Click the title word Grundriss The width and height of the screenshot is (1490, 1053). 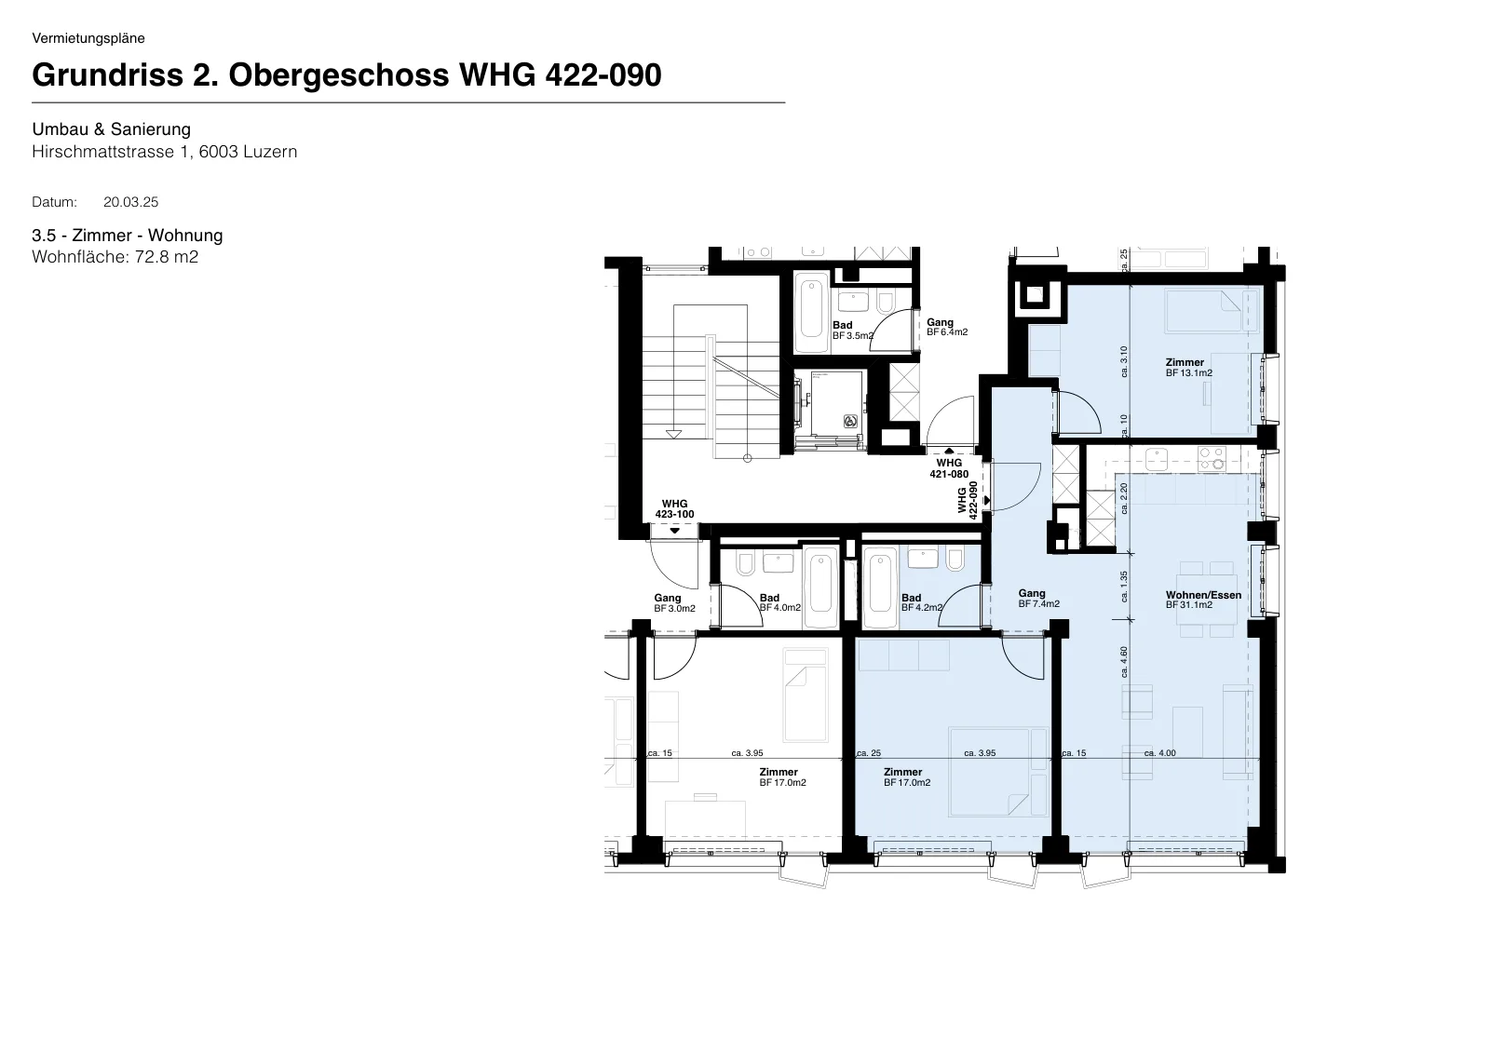[x=108, y=75]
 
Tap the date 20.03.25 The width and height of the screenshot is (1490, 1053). [x=131, y=202]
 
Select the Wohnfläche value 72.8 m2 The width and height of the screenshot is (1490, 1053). [x=167, y=257]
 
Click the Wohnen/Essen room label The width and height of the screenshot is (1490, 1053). [x=1203, y=595]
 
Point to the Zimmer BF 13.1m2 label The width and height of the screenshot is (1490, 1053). [x=1188, y=368]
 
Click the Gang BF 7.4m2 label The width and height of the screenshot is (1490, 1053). [x=1039, y=599]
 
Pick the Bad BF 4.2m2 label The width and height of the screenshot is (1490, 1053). [x=922, y=602]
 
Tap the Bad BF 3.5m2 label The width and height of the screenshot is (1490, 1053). [x=853, y=331]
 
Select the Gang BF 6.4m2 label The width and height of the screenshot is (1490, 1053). [x=947, y=328]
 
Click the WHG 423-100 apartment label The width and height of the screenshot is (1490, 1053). [x=674, y=509]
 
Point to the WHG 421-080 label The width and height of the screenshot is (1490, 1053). [x=949, y=468]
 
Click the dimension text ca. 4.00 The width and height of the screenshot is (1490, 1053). [x=1160, y=753]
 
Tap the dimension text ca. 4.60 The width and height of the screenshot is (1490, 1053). [x=1124, y=662]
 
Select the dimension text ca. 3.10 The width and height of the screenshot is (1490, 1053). [x=1124, y=361]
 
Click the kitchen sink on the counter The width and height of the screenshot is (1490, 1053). [x=1156, y=460]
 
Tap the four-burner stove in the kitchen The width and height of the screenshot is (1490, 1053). [x=1212, y=459]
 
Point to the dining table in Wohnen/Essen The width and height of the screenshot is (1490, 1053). [x=1207, y=600]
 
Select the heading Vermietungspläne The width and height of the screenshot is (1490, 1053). [x=88, y=38]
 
